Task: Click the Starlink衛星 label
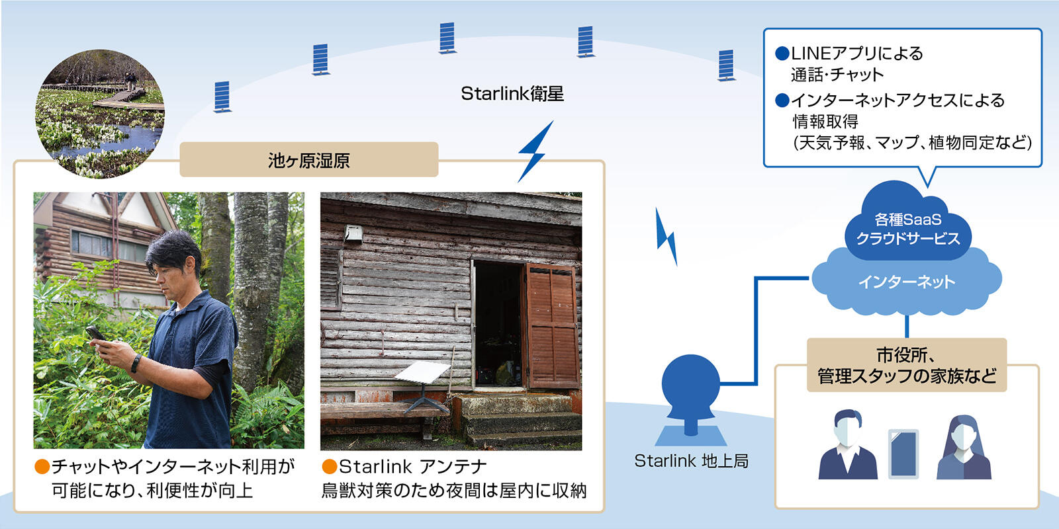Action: tap(512, 94)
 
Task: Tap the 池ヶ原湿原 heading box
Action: tap(308, 160)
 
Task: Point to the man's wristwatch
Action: tap(136, 363)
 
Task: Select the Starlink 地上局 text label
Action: tap(691, 461)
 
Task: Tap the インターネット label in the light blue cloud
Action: tap(906, 282)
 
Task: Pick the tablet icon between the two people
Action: tap(903, 454)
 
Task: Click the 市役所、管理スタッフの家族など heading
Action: tap(906, 366)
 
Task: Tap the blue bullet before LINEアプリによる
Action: tap(782, 53)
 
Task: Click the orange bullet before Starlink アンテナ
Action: tap(329, 467)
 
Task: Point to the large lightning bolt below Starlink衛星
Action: tap(534, 153)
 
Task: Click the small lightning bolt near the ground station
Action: tap(667, 237)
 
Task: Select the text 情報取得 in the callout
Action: tap(825, 122)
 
